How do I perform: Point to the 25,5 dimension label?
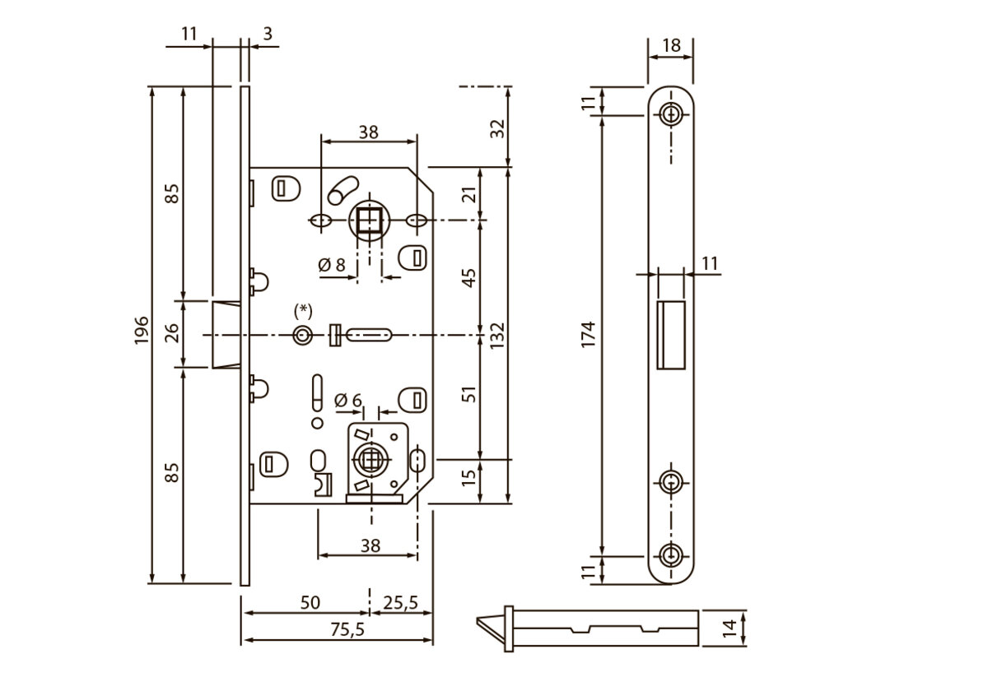click(x=402, y=603)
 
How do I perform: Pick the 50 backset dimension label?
click(x=310, y=603)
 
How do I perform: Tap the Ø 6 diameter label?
click(x=348, y=401)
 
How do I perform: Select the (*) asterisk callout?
click(x=304, y=310)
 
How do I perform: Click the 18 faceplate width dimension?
click(x=671, y=45)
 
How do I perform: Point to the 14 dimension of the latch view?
click(x=729, y=629)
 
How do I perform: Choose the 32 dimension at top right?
click(x=496, y=128)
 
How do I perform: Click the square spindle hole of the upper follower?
click(x=368, y=220)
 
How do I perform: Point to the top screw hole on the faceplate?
click(x=673, y=114)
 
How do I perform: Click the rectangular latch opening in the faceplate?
click(x=670, y=333)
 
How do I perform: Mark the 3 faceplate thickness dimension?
click(x=268, y=34)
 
